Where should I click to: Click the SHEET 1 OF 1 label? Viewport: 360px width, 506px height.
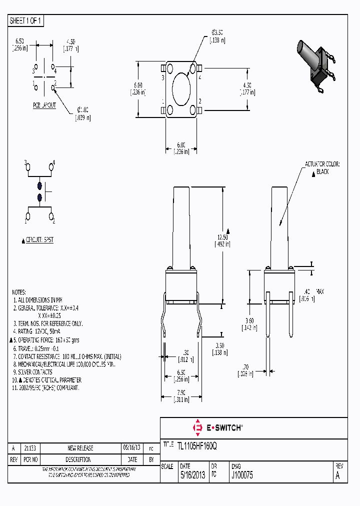(x=26, y=20)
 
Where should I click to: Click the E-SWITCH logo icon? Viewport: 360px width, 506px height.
(x=197, y=428)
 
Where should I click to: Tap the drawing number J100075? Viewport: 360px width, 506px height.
(x=242, y=476)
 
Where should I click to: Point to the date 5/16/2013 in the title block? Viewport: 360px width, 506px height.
(x=193, y=476)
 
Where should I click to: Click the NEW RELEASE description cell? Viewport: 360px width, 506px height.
(x=80, y=448)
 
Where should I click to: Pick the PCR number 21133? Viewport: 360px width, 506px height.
(x=30, y=448)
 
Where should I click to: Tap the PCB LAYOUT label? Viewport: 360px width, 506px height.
(x=44, y=105)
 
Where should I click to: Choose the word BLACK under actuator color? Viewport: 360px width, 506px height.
(x=322, y=172)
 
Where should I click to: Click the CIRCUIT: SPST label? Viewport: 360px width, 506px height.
(x=39, y=240)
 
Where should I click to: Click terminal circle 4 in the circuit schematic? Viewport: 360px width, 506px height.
(x=51, y=167)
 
